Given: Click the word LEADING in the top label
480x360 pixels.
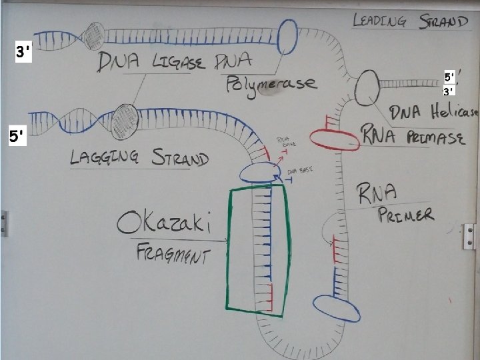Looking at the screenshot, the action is [379, 21].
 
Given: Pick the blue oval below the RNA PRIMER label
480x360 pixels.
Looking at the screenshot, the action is [336, 307].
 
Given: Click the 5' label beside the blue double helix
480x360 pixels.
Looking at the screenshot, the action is [16, 137].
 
